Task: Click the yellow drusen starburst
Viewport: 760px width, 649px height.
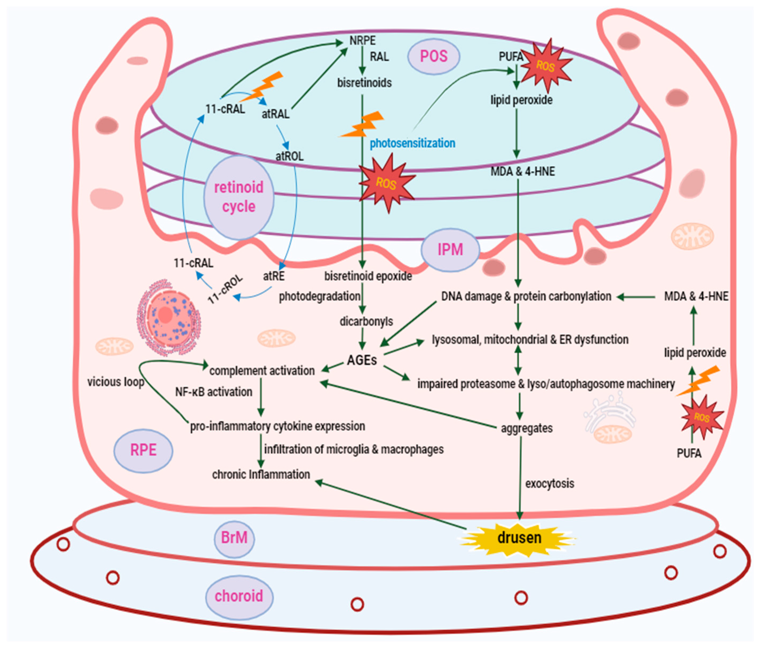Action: (x=519, y=538)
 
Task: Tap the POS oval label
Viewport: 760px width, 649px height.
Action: (x=434, y=56)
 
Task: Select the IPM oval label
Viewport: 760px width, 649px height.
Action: (x=450, y=250)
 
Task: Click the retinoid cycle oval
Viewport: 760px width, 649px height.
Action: (x=239, y=197)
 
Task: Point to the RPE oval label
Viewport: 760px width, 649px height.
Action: (x=143, y=450)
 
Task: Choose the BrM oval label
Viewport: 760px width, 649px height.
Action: (x=234, y=538)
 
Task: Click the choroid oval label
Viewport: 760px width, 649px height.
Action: (x=239, y=596)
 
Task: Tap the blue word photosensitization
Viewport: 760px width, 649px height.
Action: (x=412, y=143)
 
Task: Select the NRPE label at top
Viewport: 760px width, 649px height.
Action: (x=362, y=40)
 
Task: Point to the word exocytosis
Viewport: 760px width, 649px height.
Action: (x=549, y=484)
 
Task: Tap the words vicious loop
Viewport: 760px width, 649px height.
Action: (x=116, y=382)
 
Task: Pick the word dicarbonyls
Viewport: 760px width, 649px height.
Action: (x=366, y=322)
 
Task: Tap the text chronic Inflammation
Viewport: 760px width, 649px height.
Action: (x=261, y=474)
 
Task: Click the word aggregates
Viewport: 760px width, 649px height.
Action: (x=527, y=428)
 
